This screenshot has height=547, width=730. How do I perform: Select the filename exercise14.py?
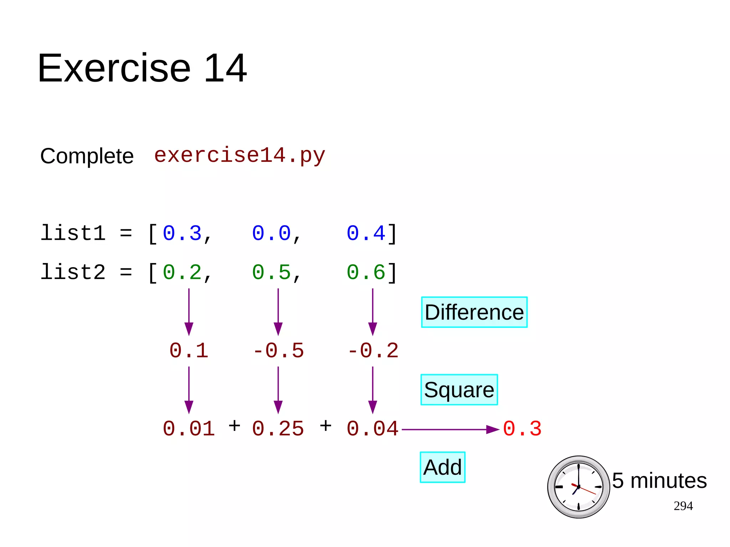pos(240,155)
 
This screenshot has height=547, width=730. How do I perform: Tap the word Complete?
pos(87,156)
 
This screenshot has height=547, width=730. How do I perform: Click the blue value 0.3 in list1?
pos(182,233)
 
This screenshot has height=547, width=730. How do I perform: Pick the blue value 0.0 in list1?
pos(271,233)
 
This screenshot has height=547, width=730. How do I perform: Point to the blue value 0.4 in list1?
pos(366,233)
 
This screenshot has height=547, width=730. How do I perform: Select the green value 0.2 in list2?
pos(182,273)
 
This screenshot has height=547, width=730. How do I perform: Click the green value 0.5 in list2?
pos(271,273)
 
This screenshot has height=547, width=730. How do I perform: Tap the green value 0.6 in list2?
pos(366,273)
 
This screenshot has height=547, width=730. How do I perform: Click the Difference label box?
pos(474,312)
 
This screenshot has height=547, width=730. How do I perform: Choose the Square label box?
pos(459,389)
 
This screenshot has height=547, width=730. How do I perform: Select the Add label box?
pos(442,467)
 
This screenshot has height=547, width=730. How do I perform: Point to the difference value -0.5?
pos(278,351)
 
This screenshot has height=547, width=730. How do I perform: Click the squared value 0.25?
pos(278,429)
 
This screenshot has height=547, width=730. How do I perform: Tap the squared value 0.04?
pos(372,429)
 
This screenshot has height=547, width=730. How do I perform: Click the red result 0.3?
pos(522,429)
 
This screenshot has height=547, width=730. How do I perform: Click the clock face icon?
pos(578,487)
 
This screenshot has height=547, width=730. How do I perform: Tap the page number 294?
pos(683,506)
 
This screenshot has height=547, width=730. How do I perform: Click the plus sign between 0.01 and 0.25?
pos(234,425)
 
